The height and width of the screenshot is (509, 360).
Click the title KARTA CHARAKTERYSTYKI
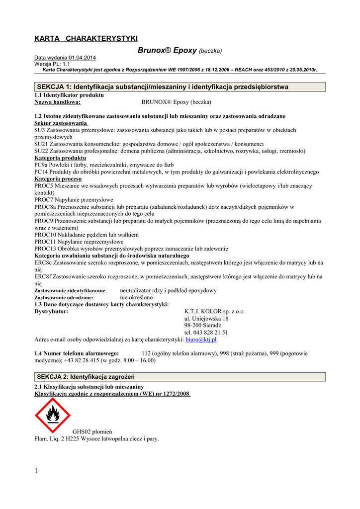86,39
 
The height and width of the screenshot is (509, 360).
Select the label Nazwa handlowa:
57,102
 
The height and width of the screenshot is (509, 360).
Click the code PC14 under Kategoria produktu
41,172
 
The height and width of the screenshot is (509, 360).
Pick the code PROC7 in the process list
44,200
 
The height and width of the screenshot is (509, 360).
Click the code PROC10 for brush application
45,235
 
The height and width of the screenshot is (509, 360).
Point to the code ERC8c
43,262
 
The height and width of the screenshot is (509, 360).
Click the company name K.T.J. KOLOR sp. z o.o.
214,312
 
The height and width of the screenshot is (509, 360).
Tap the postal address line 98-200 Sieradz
203,326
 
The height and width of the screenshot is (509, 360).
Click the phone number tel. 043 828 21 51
206,333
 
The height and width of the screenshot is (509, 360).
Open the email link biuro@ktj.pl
201,339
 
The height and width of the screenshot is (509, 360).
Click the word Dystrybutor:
51,312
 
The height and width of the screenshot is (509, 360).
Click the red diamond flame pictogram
52,415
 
